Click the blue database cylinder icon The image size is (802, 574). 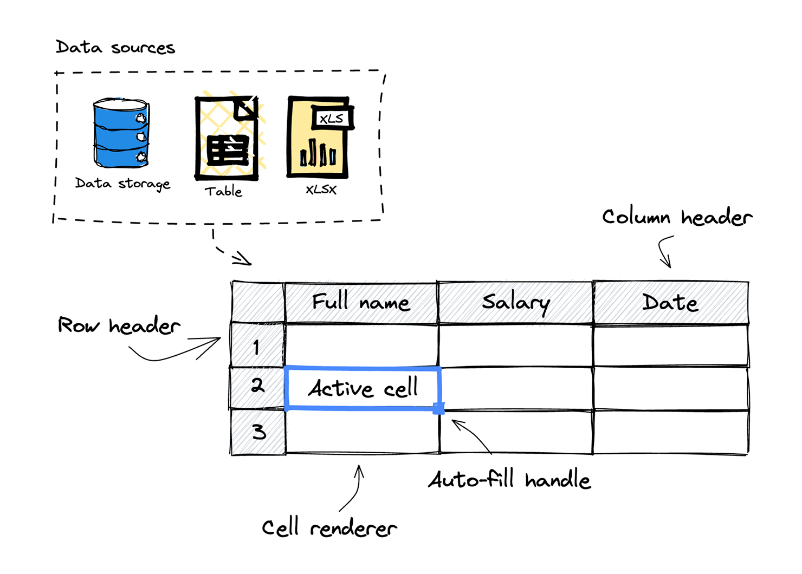tap(121, 133)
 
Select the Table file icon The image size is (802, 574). tap(227, 138)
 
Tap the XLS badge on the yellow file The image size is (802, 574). tap(331, 118)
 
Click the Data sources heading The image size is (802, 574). tap(115, 48)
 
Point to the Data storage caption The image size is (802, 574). tap(122, 184)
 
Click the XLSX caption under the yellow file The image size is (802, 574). tap(321, 190)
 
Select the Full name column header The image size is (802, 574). tap(361, 302)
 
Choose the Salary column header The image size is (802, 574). tap(515, 302)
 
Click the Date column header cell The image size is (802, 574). tap(670, 302)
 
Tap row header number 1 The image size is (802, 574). tap(257, 347)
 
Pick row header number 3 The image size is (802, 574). tap(258, 432)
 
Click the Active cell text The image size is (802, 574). tap(363, 388)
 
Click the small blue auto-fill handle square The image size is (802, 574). tap(438, 408)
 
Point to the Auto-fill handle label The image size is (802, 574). tap(509, 480)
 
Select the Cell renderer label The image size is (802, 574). tap(329, 528)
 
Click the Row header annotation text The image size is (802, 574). tap(119, 325)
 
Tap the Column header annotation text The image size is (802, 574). tap(677, 217)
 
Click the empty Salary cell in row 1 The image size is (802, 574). tap(515, 345)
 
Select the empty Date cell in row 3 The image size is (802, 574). tap(670, 432)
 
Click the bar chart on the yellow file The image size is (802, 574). tap(318, 153)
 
